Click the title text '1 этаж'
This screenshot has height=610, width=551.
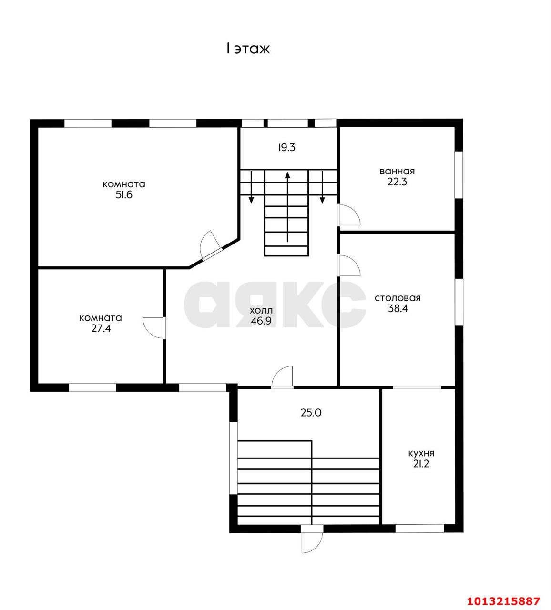pyautogui.click(x=248, y=49)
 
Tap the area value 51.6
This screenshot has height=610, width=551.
pyautogui.click(x=124, y=195)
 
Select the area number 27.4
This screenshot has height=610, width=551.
pyautogui.click(x=101, y=328)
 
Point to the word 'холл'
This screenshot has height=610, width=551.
pyautogui.click(x=261, y=310)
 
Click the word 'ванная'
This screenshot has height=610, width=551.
pyautogui.click(x=397, y=171)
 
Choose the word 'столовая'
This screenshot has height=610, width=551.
pyautogui.click(x=398, y=298)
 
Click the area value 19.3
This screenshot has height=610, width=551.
pyautogui.click(x=286, y=147)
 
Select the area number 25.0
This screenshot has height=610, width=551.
pyautogui.click(x=311, y=413)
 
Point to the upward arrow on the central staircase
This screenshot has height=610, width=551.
pyautogui.click(x=287, y=207)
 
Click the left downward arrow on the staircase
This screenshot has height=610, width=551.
pyautogui.click(x=251, y=187)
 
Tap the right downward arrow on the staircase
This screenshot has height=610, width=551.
pyautogui.click(x=322, y=187)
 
